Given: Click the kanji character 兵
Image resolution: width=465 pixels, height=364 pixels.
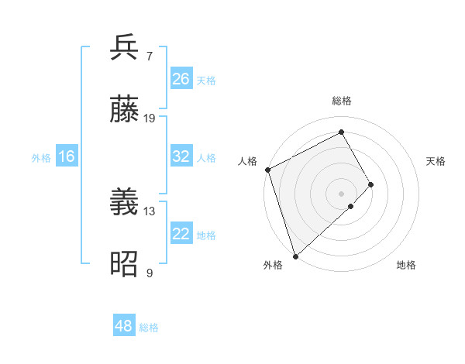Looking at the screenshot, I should (x=125, y=47).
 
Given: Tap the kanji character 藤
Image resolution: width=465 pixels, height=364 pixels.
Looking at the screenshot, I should (x=125, y=110).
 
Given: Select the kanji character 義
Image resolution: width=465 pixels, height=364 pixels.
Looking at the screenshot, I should (x=125, y=204).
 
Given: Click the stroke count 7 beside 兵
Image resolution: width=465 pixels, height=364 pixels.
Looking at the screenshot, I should (x=149, y=56).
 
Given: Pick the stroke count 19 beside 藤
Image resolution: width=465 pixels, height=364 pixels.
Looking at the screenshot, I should (x=150, y=118).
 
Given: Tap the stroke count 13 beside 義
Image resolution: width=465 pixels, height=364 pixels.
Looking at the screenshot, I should (x=150, y=211).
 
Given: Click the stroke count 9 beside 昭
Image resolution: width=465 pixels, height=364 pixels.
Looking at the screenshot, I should (x=149, y=273).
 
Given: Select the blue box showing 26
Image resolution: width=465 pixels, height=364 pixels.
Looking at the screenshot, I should (x=181, y=78).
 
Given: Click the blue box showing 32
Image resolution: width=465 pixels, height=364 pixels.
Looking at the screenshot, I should (x=181, y=156).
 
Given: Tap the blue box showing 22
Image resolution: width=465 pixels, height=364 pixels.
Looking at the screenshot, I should (x=181, y=234).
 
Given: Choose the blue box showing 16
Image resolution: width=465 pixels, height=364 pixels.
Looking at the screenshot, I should (x=66, y=156).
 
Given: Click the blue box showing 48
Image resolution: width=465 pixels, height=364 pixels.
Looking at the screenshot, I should (x=124, y=326).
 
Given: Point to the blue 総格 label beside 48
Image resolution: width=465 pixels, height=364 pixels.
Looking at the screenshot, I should (x=149, y=328).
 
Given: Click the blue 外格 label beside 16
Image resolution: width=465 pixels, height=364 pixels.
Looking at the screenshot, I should (x=41, y=158).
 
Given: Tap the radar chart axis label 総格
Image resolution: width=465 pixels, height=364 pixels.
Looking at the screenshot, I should (x=341, y=101).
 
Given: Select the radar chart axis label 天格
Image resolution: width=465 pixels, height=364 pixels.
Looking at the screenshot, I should (x=436, y=161).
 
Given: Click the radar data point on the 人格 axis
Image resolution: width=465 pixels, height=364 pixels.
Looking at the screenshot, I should (x=267, y=170).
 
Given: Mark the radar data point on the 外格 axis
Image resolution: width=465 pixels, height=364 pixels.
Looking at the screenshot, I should (x=295, y=256).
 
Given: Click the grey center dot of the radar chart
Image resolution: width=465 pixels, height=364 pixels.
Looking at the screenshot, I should (x=341, y=193).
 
